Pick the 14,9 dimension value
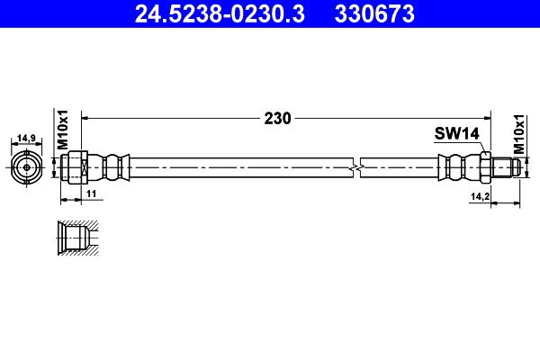tap(26, 139)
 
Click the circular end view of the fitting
tap(26, 167)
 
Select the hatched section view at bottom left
tap(76, 238)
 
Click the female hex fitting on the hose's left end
tap(76, 167)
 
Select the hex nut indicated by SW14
tap(484, 167)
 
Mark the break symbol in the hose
tap(359, 167)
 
